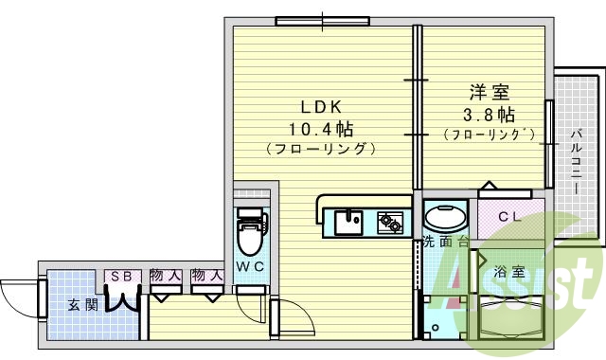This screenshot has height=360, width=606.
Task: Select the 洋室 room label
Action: tap(490, 94)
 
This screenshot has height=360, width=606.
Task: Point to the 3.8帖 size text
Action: tap(490, 115)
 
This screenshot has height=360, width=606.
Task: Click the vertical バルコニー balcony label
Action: tap(576, 162)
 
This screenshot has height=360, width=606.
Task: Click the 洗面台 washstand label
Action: tap(445, 241)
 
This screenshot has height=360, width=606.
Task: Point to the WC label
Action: tap(250, 267)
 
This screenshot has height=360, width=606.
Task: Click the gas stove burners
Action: tap(390, 223)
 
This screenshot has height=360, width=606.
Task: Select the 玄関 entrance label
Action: tap(81, 305)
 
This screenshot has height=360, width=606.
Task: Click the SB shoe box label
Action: tap(121, 276)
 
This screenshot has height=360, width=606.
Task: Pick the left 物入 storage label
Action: tap(166, 276)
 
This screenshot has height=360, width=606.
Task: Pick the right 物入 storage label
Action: tap(206, 276)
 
